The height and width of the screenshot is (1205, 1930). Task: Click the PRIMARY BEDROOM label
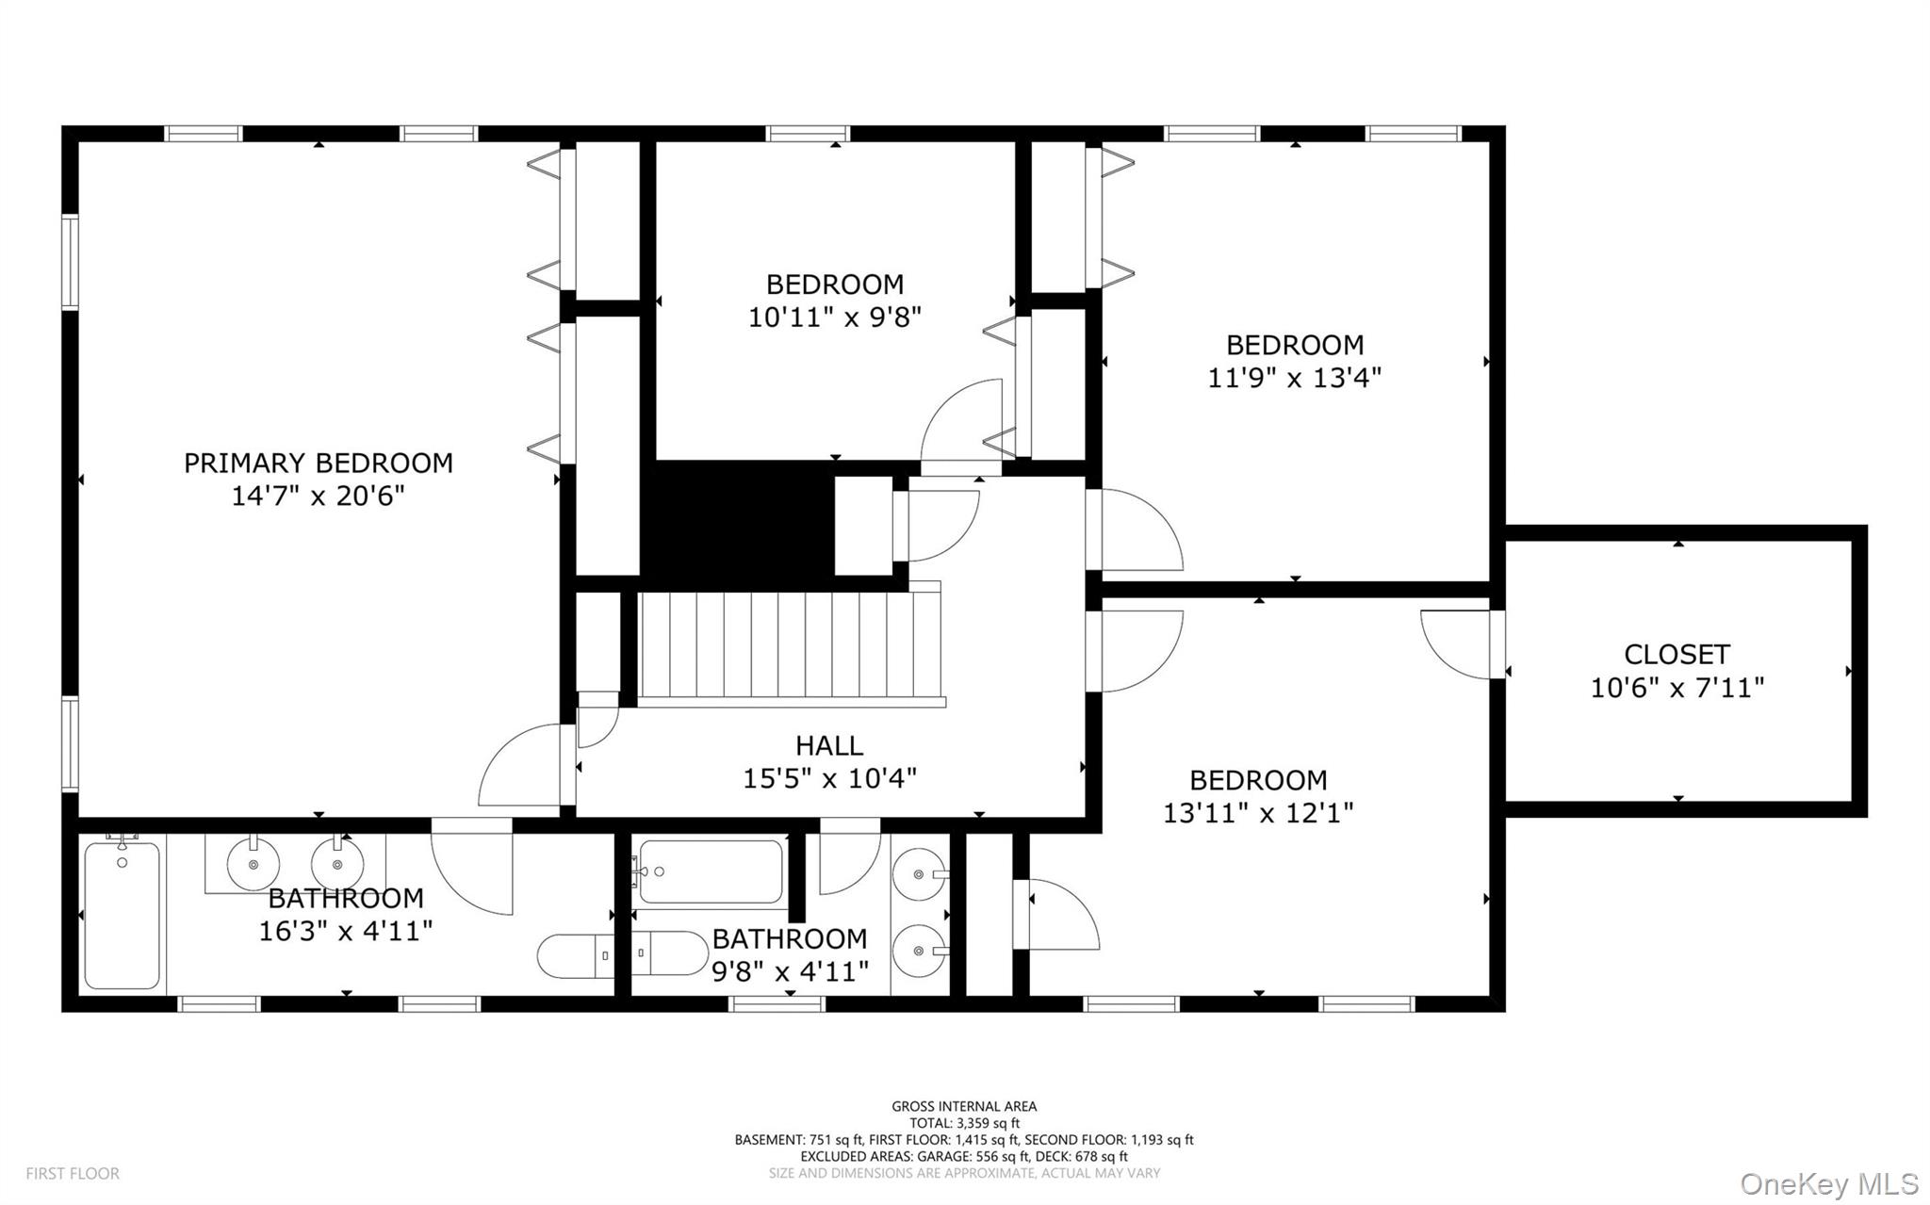318,463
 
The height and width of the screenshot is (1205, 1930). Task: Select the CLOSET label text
1676,654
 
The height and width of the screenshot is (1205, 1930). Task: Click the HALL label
828,745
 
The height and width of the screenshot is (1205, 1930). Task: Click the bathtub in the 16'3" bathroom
122,915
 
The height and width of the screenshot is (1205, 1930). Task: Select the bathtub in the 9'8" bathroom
711,871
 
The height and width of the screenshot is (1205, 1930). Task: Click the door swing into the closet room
1456,644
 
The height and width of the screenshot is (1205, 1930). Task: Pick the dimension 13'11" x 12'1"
1258,812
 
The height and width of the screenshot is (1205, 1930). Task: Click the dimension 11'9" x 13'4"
1294,378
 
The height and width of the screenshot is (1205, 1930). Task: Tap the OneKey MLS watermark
1828,1182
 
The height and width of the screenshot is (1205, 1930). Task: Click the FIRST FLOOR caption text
73,1174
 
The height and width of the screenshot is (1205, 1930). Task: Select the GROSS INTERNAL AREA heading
964,1106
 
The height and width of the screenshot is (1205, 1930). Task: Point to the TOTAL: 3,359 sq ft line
964,1123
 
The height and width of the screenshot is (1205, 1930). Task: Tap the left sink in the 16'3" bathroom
253,862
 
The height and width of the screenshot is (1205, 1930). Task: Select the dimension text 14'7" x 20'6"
318,496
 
